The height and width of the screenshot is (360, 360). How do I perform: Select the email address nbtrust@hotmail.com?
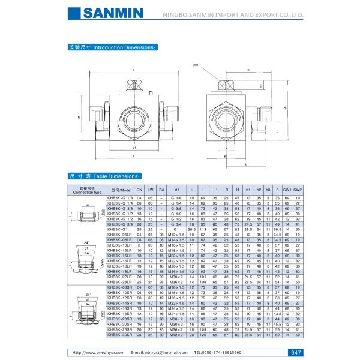[x=155, y=353]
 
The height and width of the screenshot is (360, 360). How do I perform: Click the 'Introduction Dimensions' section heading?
[x=113, y=46]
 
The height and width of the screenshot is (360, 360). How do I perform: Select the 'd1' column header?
[x=176, y=189]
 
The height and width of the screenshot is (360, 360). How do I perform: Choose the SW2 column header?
[x=298, y=189]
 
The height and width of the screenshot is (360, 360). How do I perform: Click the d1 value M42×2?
[x=176, y=334]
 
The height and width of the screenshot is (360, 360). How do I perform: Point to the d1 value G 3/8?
[x=176, y=208]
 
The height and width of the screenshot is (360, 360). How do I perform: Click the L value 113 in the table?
[x=204, y=229]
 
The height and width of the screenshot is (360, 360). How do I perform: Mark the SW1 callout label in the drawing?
[x=196, y=65]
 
